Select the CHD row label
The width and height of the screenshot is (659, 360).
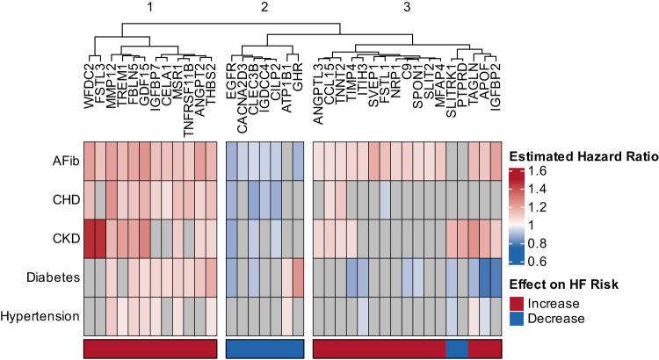point(57,200)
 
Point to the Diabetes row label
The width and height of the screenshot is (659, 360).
point(49,278)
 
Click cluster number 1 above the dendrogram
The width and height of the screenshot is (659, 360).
point(150,8)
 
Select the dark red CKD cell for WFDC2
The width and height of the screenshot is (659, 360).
point(89,240)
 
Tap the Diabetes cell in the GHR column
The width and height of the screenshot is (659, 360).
point(298,278)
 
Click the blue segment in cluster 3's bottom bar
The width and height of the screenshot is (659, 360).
point(457,349)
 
